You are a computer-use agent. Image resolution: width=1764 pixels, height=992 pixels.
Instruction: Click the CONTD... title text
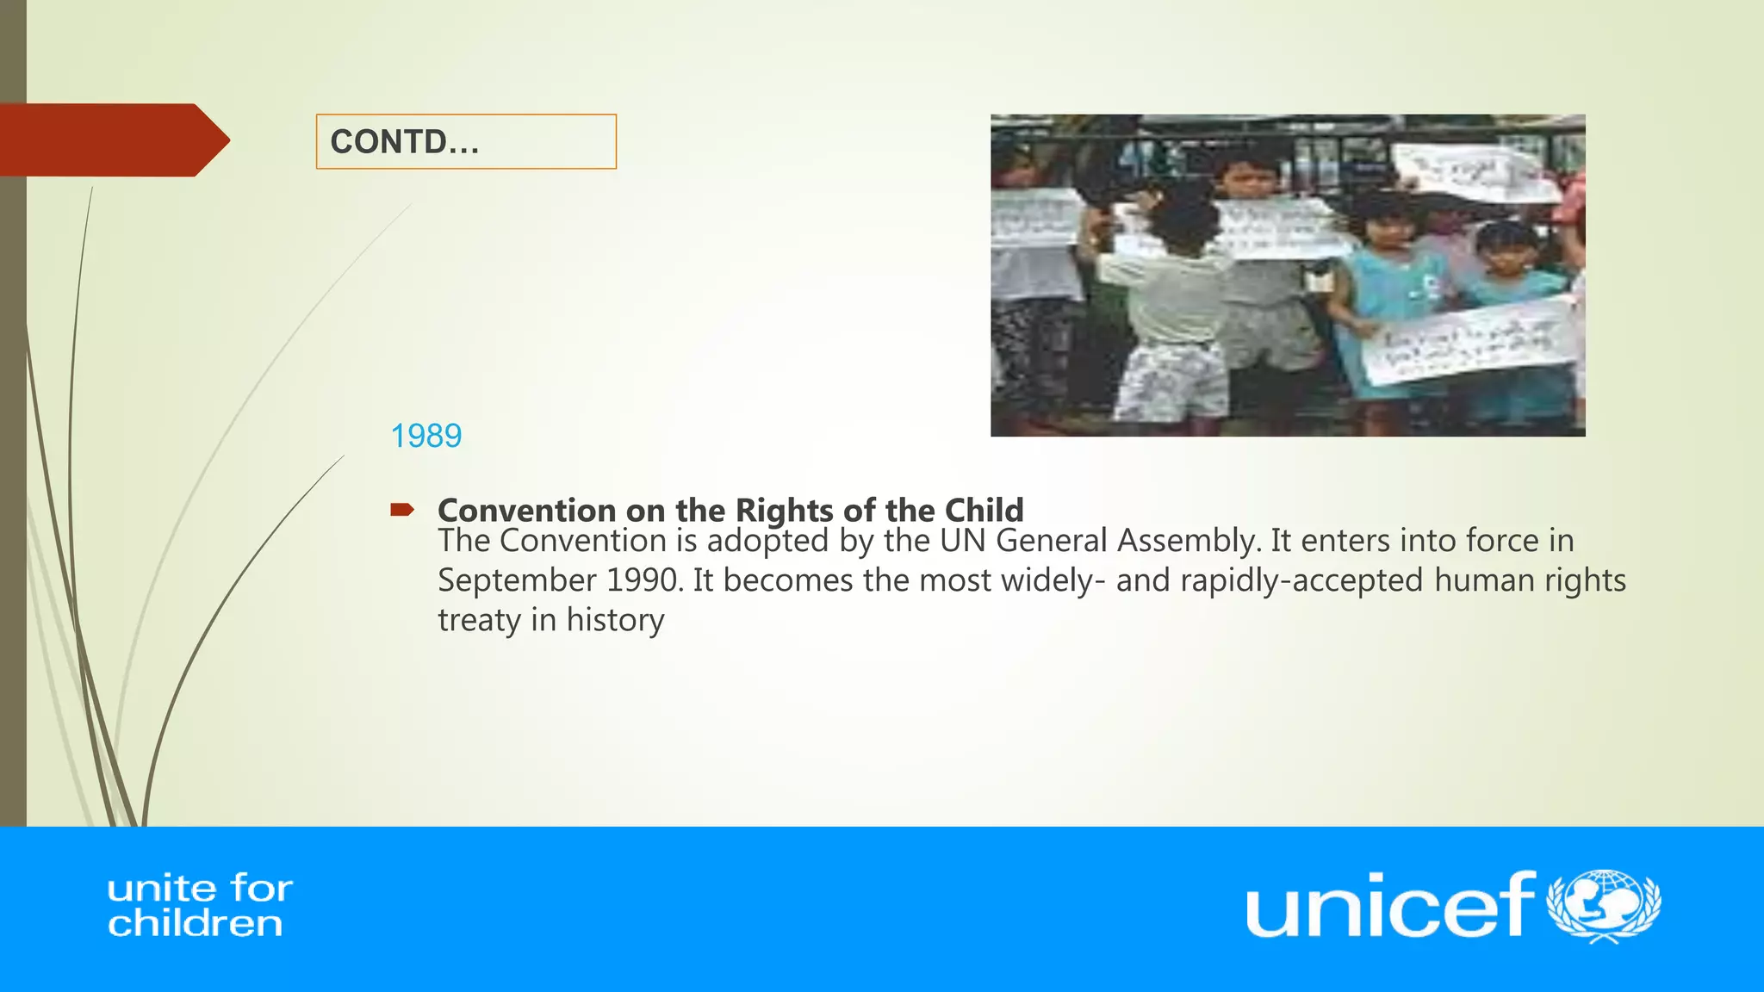pyautogui.click(x=404, y=142)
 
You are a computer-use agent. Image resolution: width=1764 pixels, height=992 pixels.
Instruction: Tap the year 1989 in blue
pyautogui.click(x=426, y=436)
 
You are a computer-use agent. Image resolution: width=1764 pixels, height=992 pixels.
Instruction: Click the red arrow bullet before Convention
pyautogui.click(x=401, y=510)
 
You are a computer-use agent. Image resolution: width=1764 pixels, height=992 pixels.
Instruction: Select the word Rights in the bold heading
pyautogui.click(x=784, y=510)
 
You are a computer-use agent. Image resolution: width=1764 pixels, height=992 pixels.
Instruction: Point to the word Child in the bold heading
pyautogui.click(x=984, y=510)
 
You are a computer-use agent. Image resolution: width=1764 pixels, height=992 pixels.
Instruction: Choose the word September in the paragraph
pyautogui.click(x=517, y=581)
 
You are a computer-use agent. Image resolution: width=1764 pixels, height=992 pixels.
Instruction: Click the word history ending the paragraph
pyautogui.click(x=615, y=620)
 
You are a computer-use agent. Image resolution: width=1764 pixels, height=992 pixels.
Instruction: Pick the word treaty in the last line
pyautogui.click(x=479, y=621)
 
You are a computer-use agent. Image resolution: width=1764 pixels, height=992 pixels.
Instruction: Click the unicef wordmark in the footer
pyautogui.click(x=1388, y=905)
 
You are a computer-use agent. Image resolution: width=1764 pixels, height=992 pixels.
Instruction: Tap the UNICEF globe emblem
pyautogui.click(x=1604, y=906)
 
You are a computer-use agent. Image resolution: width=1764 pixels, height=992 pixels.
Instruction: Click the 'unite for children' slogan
pyautogui.click(x=199, y=906)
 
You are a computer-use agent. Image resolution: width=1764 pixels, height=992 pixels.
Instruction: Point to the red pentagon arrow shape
pyautogui.click(x=112, y=140)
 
